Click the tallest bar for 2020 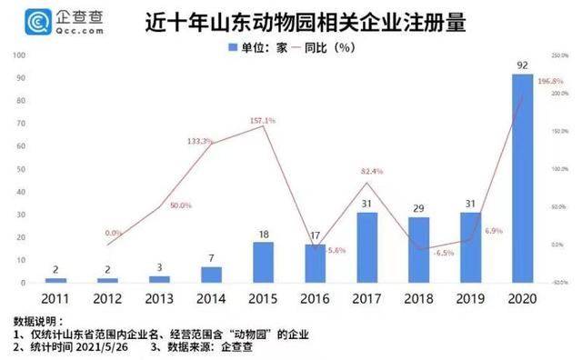[523, 178]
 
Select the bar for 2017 [367, 247]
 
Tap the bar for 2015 [264, 262]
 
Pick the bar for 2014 [212, 275]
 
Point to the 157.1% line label [262, 120]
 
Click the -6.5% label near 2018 [418, 254]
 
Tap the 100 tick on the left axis [19, 56]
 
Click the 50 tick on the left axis [21, 170]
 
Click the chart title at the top [306, 21]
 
